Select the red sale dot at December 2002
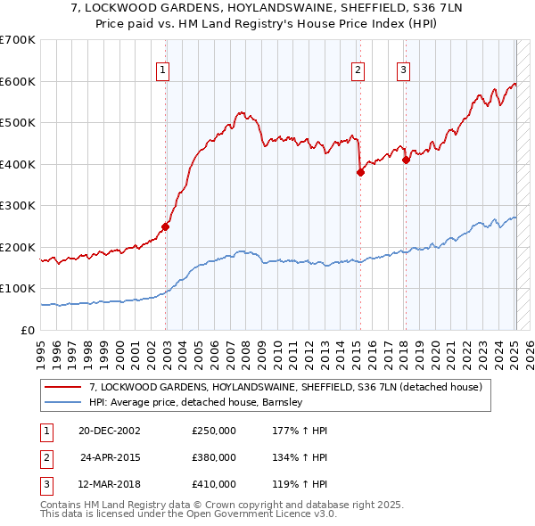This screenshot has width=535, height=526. pos(166,226)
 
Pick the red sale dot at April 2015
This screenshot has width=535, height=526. pos(360,173)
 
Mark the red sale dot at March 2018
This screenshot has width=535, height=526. pos(406,160)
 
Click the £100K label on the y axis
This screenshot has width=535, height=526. pos(18,289)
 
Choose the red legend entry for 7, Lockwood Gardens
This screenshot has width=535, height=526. pos(285,387)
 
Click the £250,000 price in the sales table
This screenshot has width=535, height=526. pos(214,431)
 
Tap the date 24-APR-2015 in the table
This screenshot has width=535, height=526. pos(111,457)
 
